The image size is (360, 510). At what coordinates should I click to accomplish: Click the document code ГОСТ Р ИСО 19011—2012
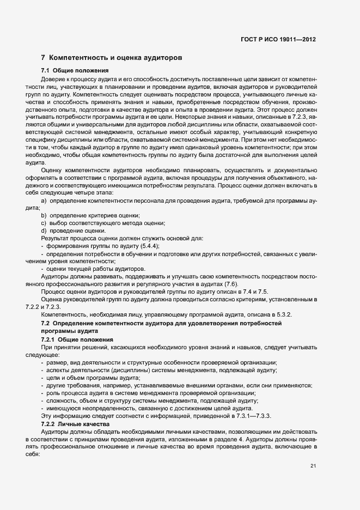(278, 39)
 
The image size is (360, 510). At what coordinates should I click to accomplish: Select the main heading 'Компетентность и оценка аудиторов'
(112, 57)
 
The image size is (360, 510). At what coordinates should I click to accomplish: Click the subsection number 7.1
(46, 71)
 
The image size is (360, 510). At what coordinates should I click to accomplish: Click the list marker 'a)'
(44, 201)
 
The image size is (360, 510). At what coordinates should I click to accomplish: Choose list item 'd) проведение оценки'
(77, 231)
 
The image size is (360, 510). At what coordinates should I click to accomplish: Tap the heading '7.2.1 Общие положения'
(74, 339)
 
